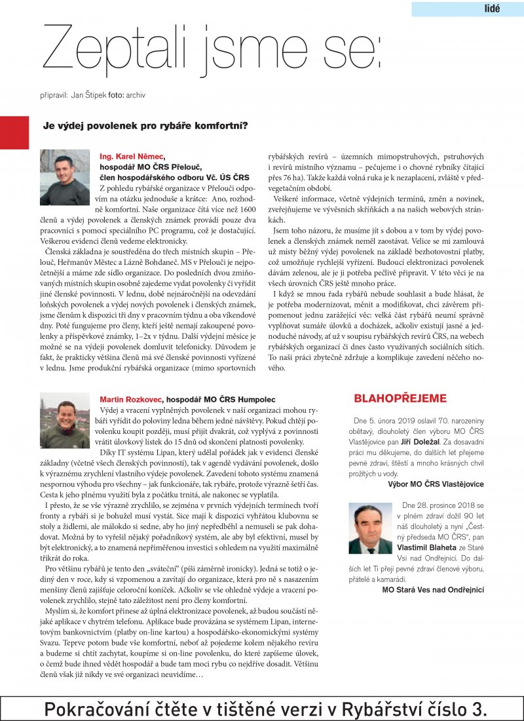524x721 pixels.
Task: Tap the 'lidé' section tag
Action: click(491, 9)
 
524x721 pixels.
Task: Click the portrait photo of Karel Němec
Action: click(65, 178)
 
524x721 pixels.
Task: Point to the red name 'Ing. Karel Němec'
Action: click(131, 156)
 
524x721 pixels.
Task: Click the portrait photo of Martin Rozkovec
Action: click(65, 410)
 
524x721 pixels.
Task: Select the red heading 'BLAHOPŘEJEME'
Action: click(400, 399)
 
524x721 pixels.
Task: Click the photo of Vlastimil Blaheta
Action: click(370, 528)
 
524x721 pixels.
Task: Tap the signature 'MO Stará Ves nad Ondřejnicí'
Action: click(433, 590)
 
